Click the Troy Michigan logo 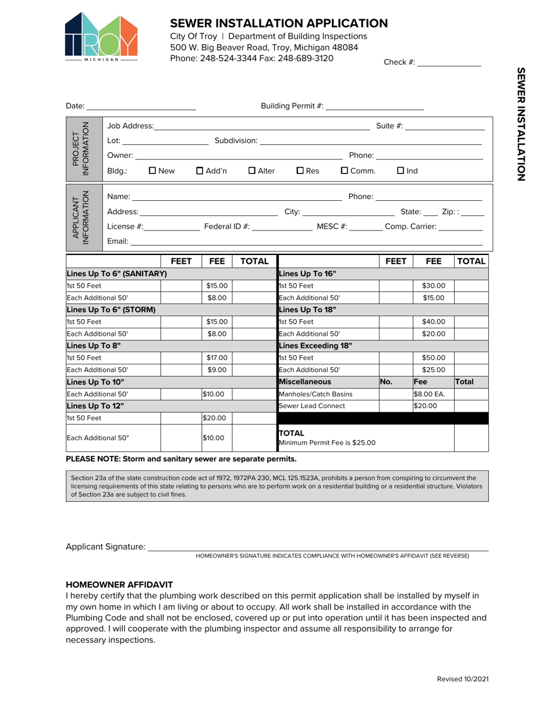click(101, 37)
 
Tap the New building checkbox click(153, 171)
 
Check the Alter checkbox click(252, 171)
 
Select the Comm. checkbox click(344, 171)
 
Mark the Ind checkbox click(400, 171)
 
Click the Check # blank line click(449, 63)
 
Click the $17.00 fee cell click(217, 357)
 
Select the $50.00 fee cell click(433, 357)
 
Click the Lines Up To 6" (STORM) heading click(112, 310)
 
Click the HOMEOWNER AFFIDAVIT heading click(119, 584)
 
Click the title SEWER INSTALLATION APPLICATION click(279, 23)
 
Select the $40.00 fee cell click(433, 321)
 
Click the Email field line click(307, 242)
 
